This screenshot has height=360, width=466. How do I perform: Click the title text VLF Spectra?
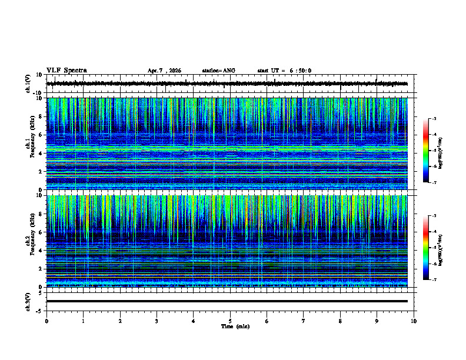click(66, 71)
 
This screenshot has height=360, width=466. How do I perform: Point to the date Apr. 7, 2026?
click(164, 71)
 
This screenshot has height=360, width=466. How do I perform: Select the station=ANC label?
click(218, 71)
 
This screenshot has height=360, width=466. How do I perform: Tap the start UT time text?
click(284, 71)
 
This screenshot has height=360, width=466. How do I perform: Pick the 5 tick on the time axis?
click(230, 321)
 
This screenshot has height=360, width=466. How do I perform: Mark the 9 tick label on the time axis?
click(377, 321)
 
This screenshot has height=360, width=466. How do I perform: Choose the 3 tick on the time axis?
click(157, 321)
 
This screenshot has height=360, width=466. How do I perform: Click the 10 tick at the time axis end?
click(414, 321)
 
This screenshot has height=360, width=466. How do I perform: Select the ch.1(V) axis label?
click(28, 84)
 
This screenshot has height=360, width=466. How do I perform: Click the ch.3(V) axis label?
click(28, 301)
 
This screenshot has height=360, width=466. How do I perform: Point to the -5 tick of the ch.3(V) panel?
click(38, 310)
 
